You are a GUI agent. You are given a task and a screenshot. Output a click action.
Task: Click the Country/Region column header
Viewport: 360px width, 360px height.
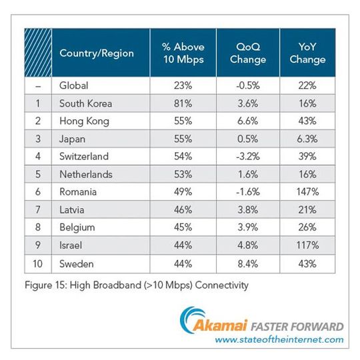point(97,53)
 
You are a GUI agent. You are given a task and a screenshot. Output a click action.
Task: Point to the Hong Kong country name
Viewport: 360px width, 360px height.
point(85,121)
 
